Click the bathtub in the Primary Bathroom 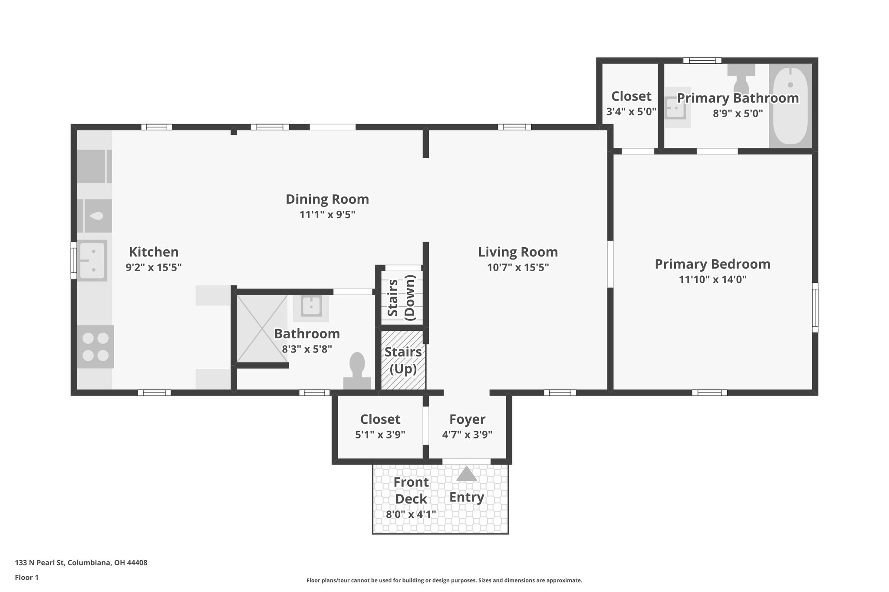point(790,105)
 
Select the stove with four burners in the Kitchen point(96,347)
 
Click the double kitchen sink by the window point(92,260)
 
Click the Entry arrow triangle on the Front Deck point(467,474)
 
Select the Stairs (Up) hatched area point(403,360)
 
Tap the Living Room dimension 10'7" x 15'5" point(518,268)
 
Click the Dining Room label point(327,199)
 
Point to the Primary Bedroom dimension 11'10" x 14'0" point(712,280)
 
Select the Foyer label point(467,419)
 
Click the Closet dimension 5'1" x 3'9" point(380,435)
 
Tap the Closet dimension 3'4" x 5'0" point(631,111)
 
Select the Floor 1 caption point(27,578)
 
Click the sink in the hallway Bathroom point(311,306)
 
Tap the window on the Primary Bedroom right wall point(815,307)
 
